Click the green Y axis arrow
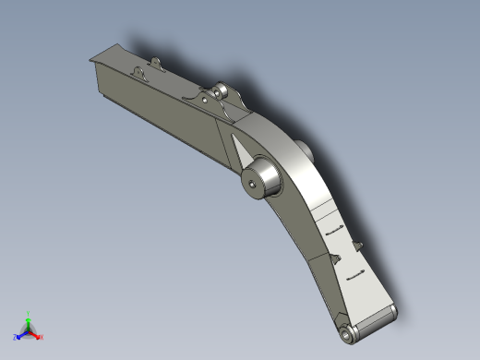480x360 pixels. tap(29, 322)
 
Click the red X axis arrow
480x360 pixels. tap(36, 334)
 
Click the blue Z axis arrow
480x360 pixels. tap(21, 333)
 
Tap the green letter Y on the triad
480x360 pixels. tap(30, 314)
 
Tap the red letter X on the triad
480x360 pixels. tap(42, 337)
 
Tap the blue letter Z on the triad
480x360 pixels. tap(16, 337)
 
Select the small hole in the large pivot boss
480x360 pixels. tap(253, 183)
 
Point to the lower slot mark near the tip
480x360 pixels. tap(354, 273)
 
